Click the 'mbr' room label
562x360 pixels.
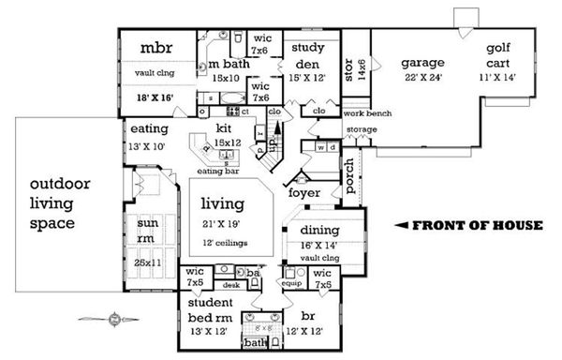(154, 48)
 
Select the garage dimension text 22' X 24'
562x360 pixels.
(422, 79)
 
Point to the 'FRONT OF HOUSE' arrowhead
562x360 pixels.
(399, 225)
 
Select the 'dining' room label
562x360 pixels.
(318, 230)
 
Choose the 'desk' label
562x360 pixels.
(230, 284)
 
